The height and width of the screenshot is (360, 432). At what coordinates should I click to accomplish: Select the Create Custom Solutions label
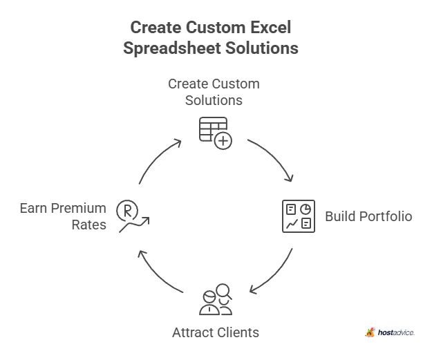pos(214,92)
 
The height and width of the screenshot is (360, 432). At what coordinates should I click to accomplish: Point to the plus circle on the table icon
pos(223,141)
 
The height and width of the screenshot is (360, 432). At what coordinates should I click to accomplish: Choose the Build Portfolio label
pos(368,216)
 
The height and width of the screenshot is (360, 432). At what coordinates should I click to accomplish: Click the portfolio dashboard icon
pos(299,216)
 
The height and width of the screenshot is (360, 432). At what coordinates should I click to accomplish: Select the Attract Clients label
pos(215,332)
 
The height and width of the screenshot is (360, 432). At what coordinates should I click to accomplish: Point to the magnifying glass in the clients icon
pos(223,292)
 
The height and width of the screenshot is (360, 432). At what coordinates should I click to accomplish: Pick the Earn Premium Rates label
pos(63,216)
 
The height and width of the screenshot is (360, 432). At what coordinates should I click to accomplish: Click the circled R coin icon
pos(126,209)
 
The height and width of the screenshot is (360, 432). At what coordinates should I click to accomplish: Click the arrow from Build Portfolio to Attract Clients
pos(272,274)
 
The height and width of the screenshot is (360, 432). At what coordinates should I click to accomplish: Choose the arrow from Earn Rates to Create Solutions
pos(158,159)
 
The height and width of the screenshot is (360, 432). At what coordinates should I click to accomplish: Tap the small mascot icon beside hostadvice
pos(370,332)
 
